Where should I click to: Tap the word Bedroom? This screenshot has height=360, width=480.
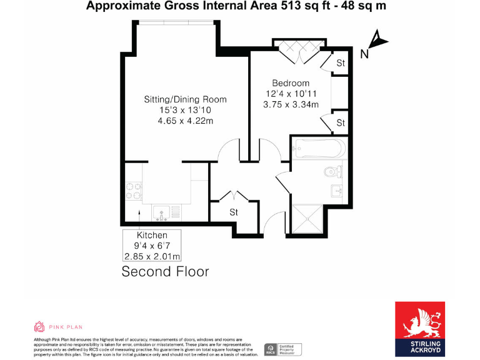290,83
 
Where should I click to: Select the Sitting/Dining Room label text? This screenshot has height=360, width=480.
185,99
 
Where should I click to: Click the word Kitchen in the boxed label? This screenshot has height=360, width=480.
152,235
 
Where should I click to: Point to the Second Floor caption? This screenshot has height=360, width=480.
165,271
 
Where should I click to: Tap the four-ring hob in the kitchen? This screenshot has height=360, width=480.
132,190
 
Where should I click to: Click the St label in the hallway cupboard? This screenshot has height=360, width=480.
234,212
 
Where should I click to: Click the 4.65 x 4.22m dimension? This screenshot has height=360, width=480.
185,121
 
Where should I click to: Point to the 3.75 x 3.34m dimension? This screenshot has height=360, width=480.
292,104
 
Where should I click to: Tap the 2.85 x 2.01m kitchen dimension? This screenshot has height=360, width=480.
152,256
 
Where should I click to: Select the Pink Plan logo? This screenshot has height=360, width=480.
57,327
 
